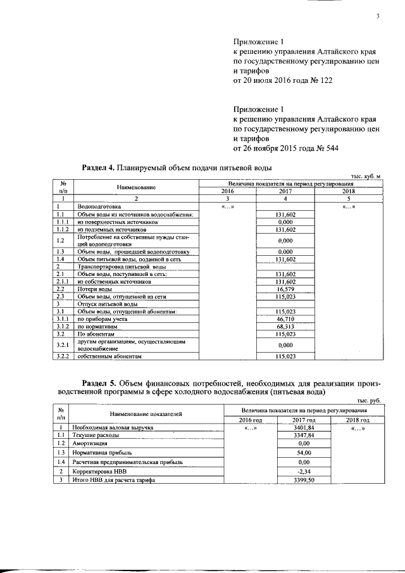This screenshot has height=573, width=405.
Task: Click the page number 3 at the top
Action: point(377,17)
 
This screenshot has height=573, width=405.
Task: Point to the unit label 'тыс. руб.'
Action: point(369,401)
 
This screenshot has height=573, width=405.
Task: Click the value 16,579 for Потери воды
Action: point(287,288)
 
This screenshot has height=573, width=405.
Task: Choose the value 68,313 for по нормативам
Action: point(287,327)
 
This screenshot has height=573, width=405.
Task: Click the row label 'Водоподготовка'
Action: point(94,206)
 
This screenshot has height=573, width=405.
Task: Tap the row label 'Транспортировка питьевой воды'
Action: point(113,267)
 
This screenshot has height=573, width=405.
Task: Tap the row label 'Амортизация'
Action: point(88,444)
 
